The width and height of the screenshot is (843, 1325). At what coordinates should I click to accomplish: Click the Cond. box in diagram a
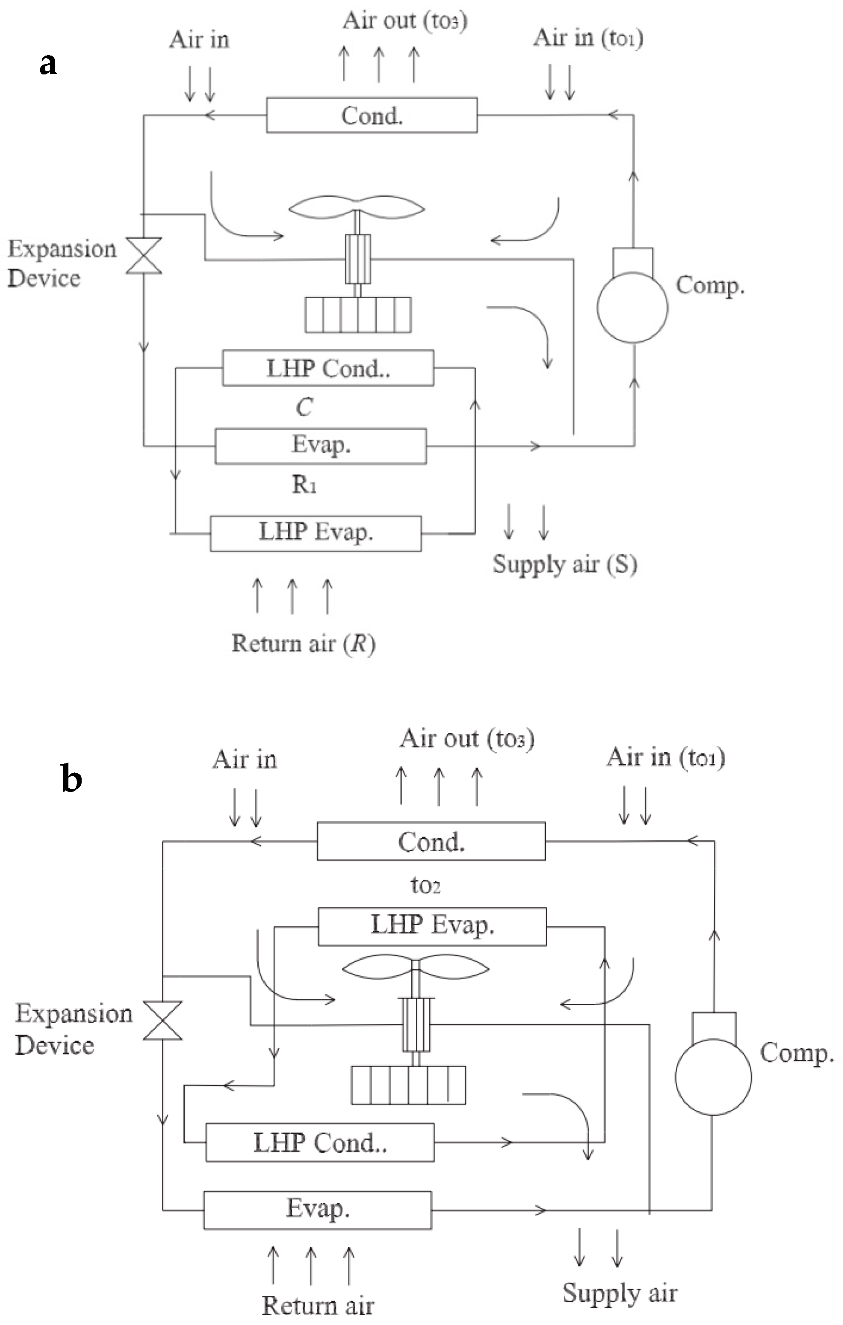372,115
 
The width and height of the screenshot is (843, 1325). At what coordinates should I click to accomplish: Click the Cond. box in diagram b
431,841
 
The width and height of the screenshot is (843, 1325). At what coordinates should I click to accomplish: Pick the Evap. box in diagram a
320,446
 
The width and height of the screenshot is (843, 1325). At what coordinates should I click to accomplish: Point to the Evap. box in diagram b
317,1210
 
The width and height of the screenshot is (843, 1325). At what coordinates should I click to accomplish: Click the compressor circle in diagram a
632,307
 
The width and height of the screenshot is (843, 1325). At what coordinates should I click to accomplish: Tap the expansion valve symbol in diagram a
144,255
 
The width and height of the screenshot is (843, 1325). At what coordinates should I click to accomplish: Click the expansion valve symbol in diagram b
163,1020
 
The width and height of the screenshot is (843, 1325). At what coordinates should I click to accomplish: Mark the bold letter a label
48,64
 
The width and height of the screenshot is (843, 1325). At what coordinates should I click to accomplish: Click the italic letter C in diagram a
304,407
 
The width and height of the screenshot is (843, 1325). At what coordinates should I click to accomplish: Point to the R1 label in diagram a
304,485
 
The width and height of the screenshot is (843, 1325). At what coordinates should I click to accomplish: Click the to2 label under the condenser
425,885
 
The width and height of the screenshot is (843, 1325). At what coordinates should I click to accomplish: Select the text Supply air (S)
565,565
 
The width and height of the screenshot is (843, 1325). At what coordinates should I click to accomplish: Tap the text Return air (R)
303,643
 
